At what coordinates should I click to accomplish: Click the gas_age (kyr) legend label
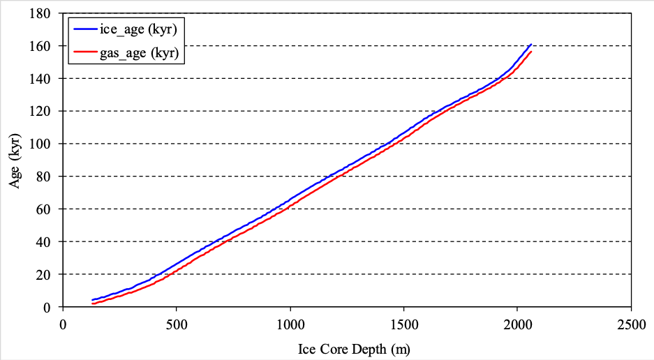[145, 52]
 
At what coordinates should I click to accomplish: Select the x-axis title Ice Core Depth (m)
[347, 347]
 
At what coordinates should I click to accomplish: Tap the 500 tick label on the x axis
[176, 323]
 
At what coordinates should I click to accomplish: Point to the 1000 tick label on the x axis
[290, 323]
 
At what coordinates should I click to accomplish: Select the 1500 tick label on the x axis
[403, 323]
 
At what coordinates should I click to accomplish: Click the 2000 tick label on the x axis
[517, 323]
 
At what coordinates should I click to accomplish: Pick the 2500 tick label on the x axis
[631, 323]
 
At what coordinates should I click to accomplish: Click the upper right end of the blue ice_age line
[531, 44]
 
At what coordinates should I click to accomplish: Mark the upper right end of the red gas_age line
[531, 52]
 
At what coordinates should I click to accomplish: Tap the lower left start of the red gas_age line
[93, 303]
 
